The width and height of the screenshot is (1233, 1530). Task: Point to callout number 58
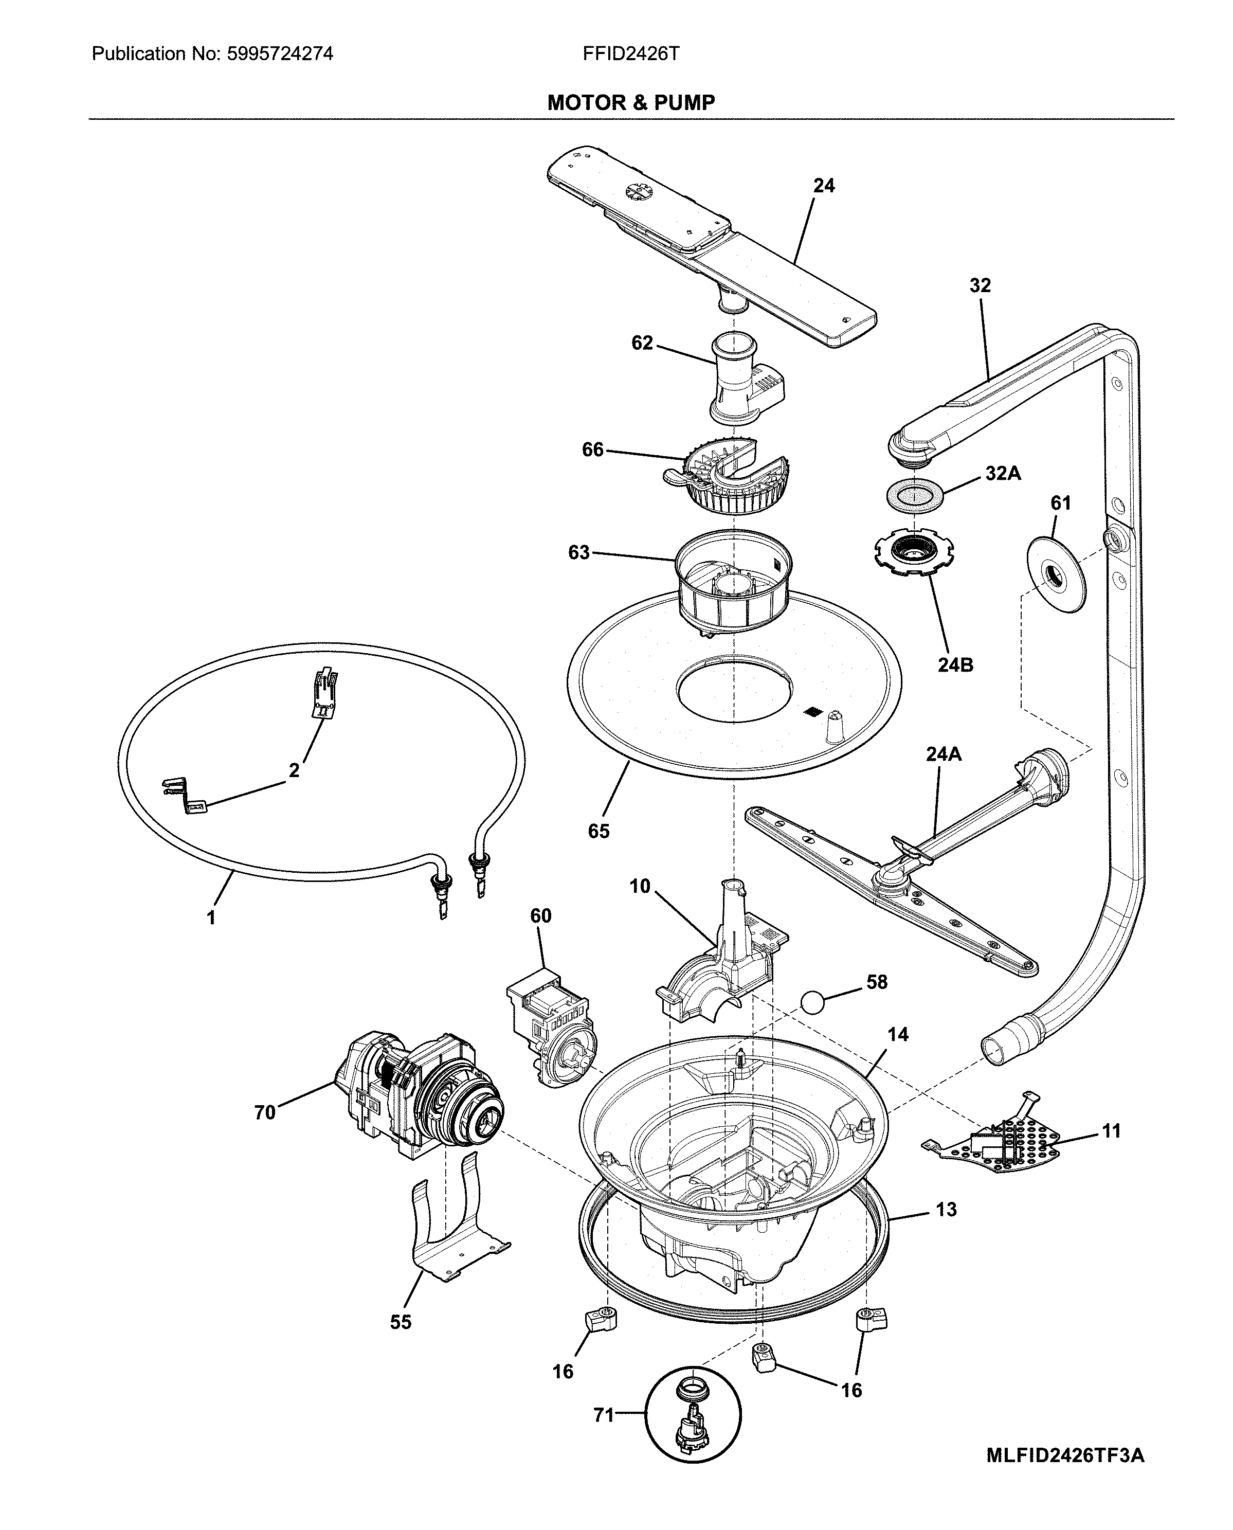[877, 982]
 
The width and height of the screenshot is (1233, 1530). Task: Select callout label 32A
[1002, 473]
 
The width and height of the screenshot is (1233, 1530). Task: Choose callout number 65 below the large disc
[599, 831]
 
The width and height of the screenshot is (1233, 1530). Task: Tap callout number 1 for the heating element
[211, 917]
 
